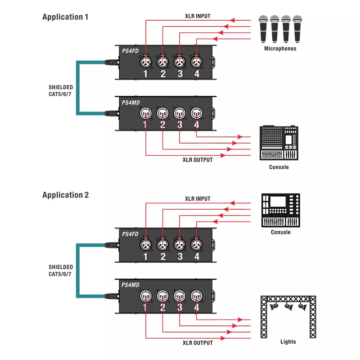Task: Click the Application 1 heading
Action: point(65,17)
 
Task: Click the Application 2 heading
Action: point(65,195)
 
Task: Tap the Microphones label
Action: point(280,49)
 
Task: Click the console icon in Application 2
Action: point(281,210)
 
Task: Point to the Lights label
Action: point(288,342)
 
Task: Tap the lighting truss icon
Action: point(288,315)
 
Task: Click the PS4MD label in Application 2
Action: point(130,284)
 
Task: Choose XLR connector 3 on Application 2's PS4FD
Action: point(180,243)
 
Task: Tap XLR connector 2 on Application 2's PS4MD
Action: point(162,296)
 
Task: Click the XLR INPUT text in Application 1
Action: point(197,16)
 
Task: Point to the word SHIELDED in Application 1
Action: point(61,87)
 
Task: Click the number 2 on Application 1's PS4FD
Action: point(163,74)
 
